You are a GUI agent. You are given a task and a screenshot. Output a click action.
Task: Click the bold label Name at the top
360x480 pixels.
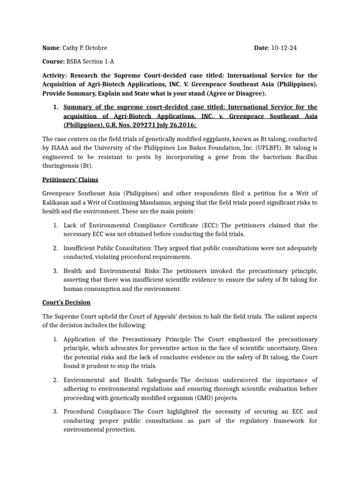(x=51, y=48)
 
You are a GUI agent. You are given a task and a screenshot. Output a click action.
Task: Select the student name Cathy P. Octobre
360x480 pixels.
(x=87, y=48)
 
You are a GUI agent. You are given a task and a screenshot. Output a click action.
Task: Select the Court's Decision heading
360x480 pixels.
(x=66, y=302)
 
